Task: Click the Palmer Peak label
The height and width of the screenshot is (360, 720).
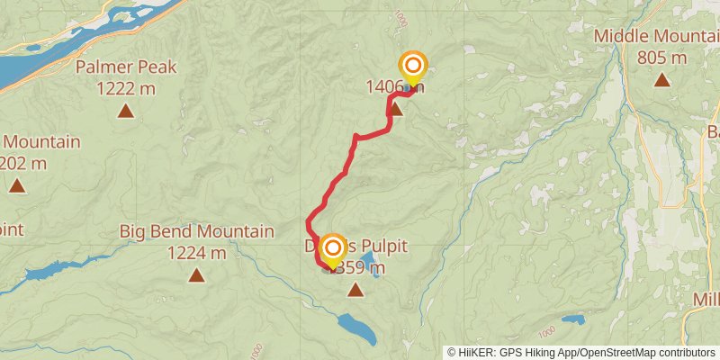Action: coord(126,67)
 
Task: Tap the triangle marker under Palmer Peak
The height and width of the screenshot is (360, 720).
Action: coord(126,112)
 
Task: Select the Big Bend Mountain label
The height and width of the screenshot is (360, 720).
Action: coord(196,231)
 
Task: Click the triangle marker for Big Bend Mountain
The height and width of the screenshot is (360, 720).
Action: coord(196,275)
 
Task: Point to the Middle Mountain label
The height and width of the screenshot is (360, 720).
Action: coord(656,36)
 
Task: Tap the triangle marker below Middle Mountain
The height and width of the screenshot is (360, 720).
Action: coord(661,80)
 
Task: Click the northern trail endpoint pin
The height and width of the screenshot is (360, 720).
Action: coord(412,66)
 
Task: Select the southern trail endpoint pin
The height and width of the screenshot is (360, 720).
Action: coord(332,249)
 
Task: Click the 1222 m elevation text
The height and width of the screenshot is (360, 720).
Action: coord(126,87)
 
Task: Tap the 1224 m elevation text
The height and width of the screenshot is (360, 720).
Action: coord(196,252)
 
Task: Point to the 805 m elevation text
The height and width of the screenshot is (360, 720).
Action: coord(661,57)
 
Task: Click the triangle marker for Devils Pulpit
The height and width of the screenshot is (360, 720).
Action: coord(355,290)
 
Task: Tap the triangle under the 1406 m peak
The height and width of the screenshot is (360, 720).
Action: coord(395,109)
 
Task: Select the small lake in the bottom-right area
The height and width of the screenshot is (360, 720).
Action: coord(573,319)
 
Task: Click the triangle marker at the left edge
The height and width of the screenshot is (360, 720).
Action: coord(16,186)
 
